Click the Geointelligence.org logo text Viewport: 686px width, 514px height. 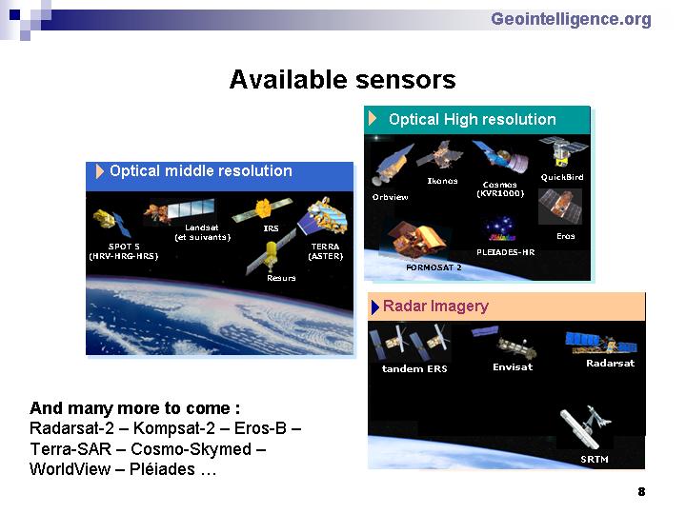(571, 20)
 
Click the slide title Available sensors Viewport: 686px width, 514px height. (343, 80)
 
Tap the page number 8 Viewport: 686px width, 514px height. (641, 492)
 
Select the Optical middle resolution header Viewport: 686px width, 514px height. (201, 171)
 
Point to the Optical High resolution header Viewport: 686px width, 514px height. (472, 119)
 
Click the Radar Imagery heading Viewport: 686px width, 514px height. (435, 306)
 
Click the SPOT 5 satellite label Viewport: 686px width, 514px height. (124, 251)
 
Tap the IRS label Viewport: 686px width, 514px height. (271, 228)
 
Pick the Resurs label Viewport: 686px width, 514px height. (281, 278)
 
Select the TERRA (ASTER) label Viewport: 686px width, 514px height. (326, 251)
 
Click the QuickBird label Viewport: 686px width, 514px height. (562, 177)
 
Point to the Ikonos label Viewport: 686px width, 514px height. (442, 181)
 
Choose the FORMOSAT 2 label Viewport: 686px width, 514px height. (434, 267)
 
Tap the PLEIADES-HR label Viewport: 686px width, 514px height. (505, 252)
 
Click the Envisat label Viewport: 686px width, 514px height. (513, 367)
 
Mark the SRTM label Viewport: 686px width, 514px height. (595, 460)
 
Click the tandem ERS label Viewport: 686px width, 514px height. (414, 369)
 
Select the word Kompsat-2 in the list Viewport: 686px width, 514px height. (174, 428)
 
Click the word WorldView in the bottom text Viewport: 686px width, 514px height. (70, 469)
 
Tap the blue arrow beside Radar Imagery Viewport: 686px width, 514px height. (375, 307)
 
